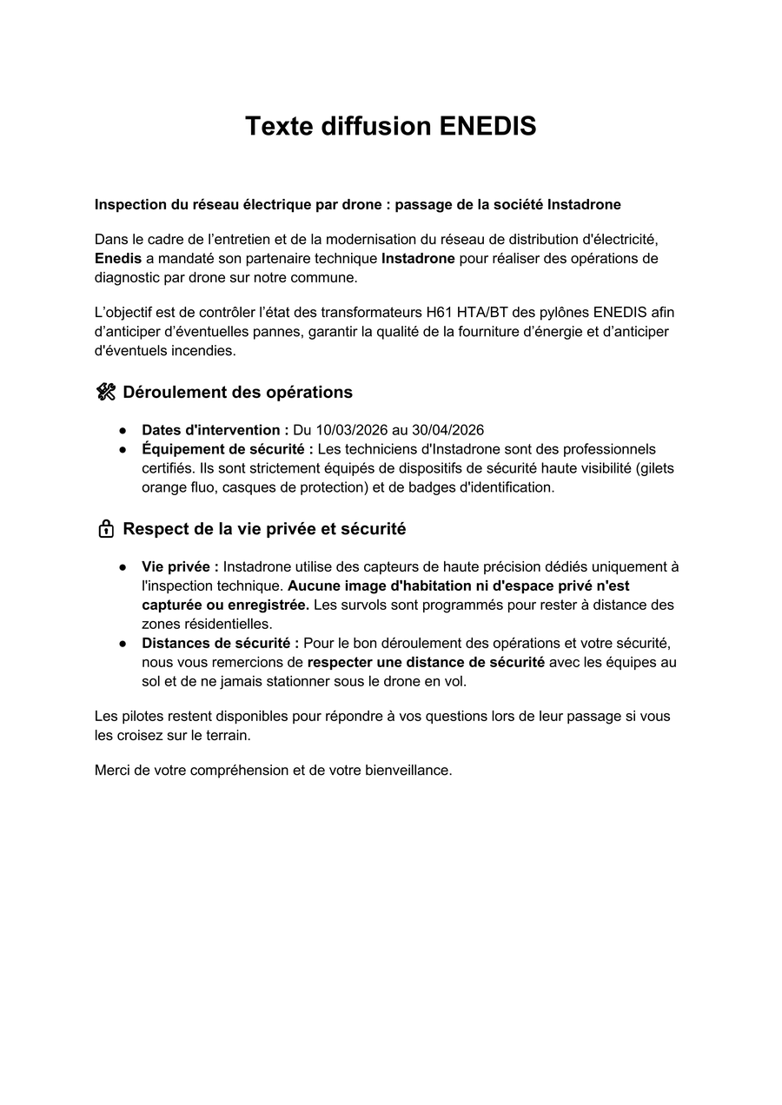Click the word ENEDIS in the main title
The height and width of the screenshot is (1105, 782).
[x=487, y=127]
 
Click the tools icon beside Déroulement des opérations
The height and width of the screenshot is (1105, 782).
[x=106, y=392]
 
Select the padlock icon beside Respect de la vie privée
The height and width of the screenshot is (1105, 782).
[x=106, y=529]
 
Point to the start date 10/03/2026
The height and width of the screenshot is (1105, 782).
[x=350, y=430]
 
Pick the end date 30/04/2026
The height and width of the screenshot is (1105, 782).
[x=448, y=430]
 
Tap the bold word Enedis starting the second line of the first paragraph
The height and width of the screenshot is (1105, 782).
[x=118, y=259]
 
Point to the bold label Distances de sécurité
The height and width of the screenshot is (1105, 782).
[x=221, y=643]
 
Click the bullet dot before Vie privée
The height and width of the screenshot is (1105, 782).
[x=123, y=567]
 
